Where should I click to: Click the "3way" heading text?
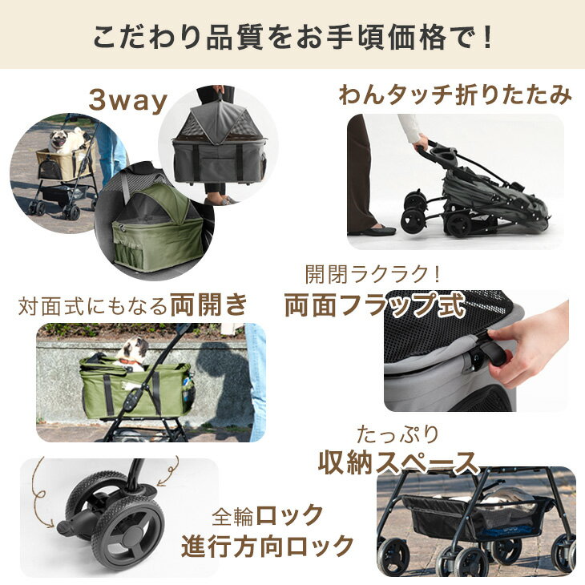128,100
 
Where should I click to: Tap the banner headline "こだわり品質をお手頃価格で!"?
292,37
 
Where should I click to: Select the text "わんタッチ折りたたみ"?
455,95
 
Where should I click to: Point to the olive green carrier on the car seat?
157,227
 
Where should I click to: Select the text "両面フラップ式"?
375,305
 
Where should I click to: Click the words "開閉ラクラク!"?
373,274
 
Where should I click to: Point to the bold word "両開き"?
208,305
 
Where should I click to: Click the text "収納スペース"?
398,463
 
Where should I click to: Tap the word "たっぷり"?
397,435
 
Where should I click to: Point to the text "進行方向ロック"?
267,546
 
